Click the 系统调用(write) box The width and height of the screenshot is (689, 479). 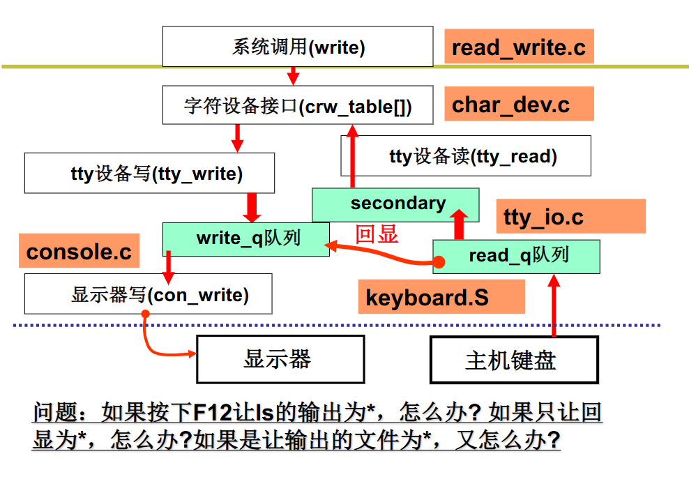click(298, 47)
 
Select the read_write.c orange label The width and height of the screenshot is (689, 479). click(518, 47)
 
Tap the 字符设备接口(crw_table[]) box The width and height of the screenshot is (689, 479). click(298, 106)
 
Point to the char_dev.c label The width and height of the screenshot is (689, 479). click(518, 105)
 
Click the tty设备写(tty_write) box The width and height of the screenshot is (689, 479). click(149, 174)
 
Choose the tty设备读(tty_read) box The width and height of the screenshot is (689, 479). click(466, 155)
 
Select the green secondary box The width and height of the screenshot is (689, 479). click(395, 204)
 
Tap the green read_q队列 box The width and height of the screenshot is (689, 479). click(516, 256)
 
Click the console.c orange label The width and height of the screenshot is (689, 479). click(79, 251)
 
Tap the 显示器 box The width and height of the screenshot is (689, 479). click(280, 360)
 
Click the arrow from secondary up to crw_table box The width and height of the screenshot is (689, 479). click(352, 156)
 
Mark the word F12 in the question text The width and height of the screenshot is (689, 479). click(211, 413)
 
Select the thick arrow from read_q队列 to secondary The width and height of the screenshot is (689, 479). click(459, 222)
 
